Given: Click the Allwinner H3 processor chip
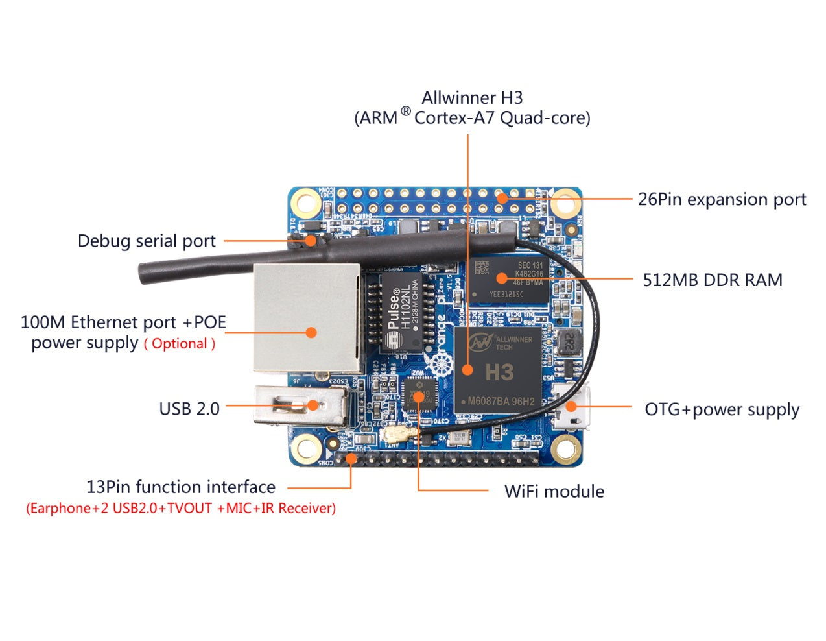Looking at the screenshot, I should [497, 370].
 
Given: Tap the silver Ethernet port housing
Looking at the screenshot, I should [306, 318].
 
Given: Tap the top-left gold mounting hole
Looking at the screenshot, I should [305, 203].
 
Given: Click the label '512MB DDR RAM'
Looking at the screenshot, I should [712, 280].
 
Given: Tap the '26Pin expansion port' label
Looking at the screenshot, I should [722, 199].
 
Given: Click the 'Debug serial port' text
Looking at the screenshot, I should [147, 241].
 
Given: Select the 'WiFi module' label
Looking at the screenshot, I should [554, 491].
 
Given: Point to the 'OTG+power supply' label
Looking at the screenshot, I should [722, 409].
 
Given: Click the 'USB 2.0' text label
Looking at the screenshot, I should [189, 409].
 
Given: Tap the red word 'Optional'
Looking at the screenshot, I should [180, 344].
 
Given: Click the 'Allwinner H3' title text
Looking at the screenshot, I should [472, 97].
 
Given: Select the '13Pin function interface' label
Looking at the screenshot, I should [181, 487].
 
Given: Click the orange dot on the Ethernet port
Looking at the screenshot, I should [311, 332].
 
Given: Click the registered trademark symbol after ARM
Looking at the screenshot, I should [405, 112].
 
